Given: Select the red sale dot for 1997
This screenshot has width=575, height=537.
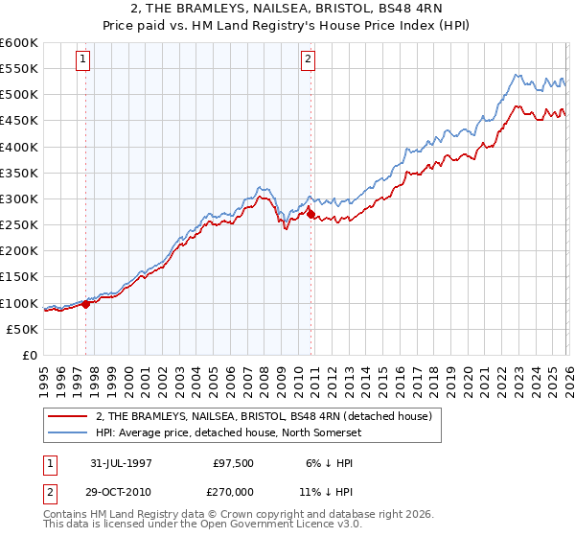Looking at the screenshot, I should tap(86, 304).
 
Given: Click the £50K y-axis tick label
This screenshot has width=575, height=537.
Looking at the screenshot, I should tap(23, 329).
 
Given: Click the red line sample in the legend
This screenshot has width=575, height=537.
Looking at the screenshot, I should tap(69, 416).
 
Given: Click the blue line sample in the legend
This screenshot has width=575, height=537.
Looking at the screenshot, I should tap(69, 432).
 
